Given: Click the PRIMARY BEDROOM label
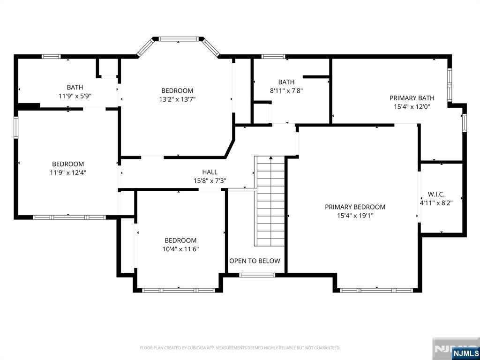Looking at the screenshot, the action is pyautogui.click(x=355, y=207).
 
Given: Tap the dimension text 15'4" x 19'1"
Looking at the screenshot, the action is pyautogui.click(x=355, y=216).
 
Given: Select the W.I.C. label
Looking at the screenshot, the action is pyautogui.click(x=436, y=194).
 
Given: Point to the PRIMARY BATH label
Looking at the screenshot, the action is pyautogui.click(x=412, y=98).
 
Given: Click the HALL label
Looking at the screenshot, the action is pyautogui.click(x=210, y=172).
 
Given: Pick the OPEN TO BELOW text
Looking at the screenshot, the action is pyautogui.click(x=255, y=261).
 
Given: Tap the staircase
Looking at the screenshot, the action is pyautogui.click(x=270, y=201).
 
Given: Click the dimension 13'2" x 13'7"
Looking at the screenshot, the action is pyautogui.click(x=177, y=99).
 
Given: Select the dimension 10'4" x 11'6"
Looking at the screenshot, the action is pyautogui.click(x=180, y=249).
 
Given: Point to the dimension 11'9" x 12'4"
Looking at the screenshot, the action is pyautogui.click(x=68, y=172).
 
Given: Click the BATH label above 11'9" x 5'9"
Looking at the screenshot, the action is pyautogui.click(x=75, y=88).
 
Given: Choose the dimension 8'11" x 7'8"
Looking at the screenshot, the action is pyautogui.click(x=286, y=90).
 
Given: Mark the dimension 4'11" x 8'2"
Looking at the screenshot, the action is pyautogui.click(x=436, y=202).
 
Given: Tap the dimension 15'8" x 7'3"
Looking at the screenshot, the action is pyautogui.click(x=210, y=180).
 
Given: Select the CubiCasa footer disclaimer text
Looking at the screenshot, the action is pyautogui.click(x=240, y=348).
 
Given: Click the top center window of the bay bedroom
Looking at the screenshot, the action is pyautogui.click(x=179, y=39).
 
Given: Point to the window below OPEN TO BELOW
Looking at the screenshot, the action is pyautogui.click(x=257, y=275).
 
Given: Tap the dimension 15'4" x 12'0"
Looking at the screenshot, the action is pyautogui.click(x=412, y=106).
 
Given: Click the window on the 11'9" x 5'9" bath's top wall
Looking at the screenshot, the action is pyautogui.click(x=51, y=56).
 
